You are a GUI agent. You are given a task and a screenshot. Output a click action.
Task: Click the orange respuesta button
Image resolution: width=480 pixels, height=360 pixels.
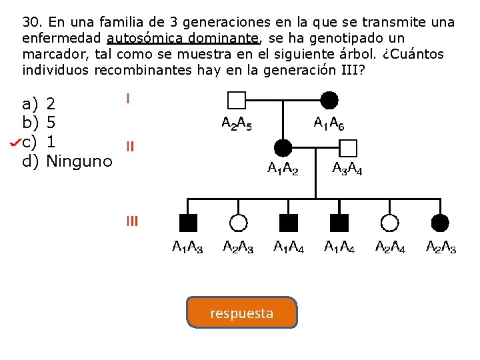click(x=241, y=313)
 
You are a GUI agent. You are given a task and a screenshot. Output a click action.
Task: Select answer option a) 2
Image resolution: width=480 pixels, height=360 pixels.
click(x=40, y=104)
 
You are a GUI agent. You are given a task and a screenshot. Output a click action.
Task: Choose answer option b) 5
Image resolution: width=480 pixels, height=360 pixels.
click(x=40, y=123)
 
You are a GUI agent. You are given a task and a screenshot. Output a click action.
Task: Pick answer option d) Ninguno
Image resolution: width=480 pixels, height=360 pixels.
click(x=67, y=161)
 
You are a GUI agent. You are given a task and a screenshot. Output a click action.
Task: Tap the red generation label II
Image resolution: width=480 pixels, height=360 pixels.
click(x=131, y=147)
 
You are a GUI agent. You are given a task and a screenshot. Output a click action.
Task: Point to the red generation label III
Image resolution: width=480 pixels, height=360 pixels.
click(x=132, y=221)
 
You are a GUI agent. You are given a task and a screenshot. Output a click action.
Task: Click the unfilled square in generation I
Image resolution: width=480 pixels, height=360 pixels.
click(x=237, y=101)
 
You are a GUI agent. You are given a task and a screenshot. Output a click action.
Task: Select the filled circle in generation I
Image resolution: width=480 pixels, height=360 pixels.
click(x=329, y=101)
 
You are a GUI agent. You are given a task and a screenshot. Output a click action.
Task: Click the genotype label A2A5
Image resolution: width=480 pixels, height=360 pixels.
click(x=237, y=123)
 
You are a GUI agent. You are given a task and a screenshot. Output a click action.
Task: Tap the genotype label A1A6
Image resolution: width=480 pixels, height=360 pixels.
click(x=329, y=123)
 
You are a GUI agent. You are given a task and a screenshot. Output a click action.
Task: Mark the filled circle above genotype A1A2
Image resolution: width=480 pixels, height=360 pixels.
click(x=283, y=148)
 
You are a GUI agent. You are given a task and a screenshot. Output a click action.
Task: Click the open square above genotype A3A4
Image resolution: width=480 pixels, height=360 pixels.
click(x=349, y=148)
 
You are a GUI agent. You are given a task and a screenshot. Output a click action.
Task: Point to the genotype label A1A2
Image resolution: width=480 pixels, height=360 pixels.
click(x=283, y=169)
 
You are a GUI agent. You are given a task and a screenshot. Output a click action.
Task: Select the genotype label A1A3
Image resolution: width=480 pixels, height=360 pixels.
click(x=188, y=248)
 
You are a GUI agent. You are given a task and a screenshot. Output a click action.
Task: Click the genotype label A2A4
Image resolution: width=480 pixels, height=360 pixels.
click(x=391, y=248)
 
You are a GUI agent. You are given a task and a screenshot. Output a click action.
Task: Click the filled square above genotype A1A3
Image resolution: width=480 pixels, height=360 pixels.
click(x=188, y=223)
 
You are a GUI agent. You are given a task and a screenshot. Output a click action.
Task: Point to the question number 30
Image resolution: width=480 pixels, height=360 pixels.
click(x=32, y=22)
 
